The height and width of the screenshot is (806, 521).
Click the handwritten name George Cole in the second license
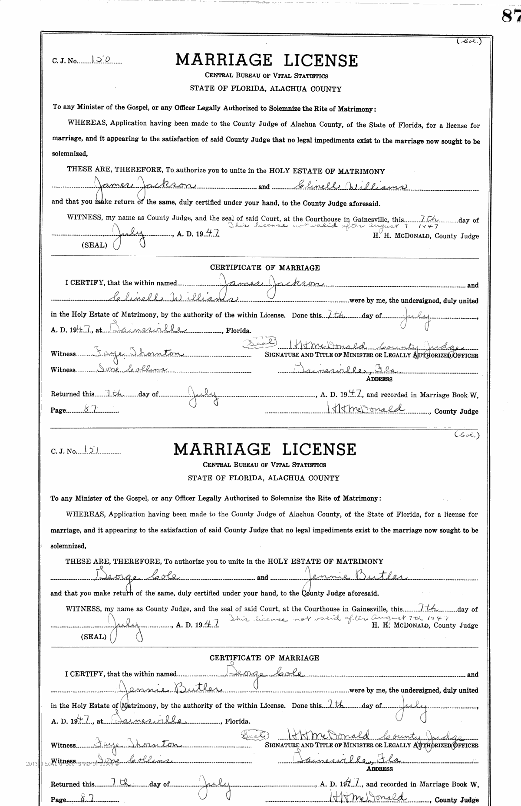(x=136, y=576)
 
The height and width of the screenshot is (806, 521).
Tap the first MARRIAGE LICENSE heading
(x=267, y=60)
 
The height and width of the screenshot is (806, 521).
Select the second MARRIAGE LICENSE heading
(x=265, y=449)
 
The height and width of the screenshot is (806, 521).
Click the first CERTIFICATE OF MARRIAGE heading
(x=265, y=268)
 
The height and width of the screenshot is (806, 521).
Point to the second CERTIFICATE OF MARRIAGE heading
(x=264, y=658)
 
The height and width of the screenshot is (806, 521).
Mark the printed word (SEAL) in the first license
(x=94, y=245)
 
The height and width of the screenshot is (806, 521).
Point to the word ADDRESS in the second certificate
(x=379, y=769)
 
